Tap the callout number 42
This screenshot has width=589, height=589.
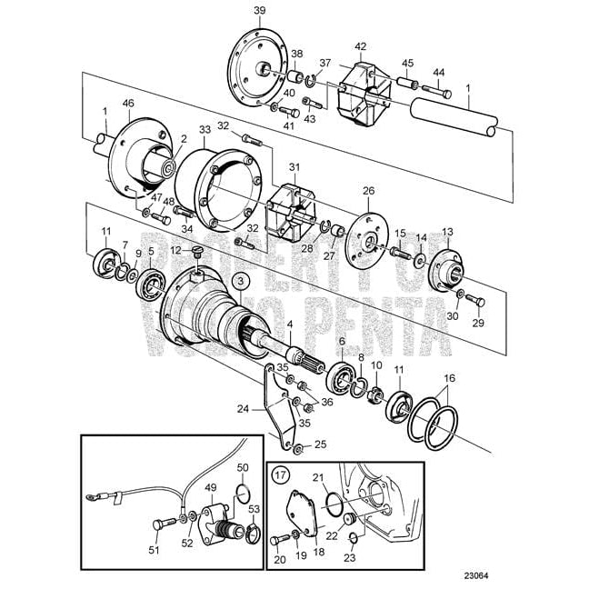tap(361, 46)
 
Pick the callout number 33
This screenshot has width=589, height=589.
tap(205, 131)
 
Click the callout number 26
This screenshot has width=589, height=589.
tap(368, 191)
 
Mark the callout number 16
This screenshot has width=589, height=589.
tap(449, 378)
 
